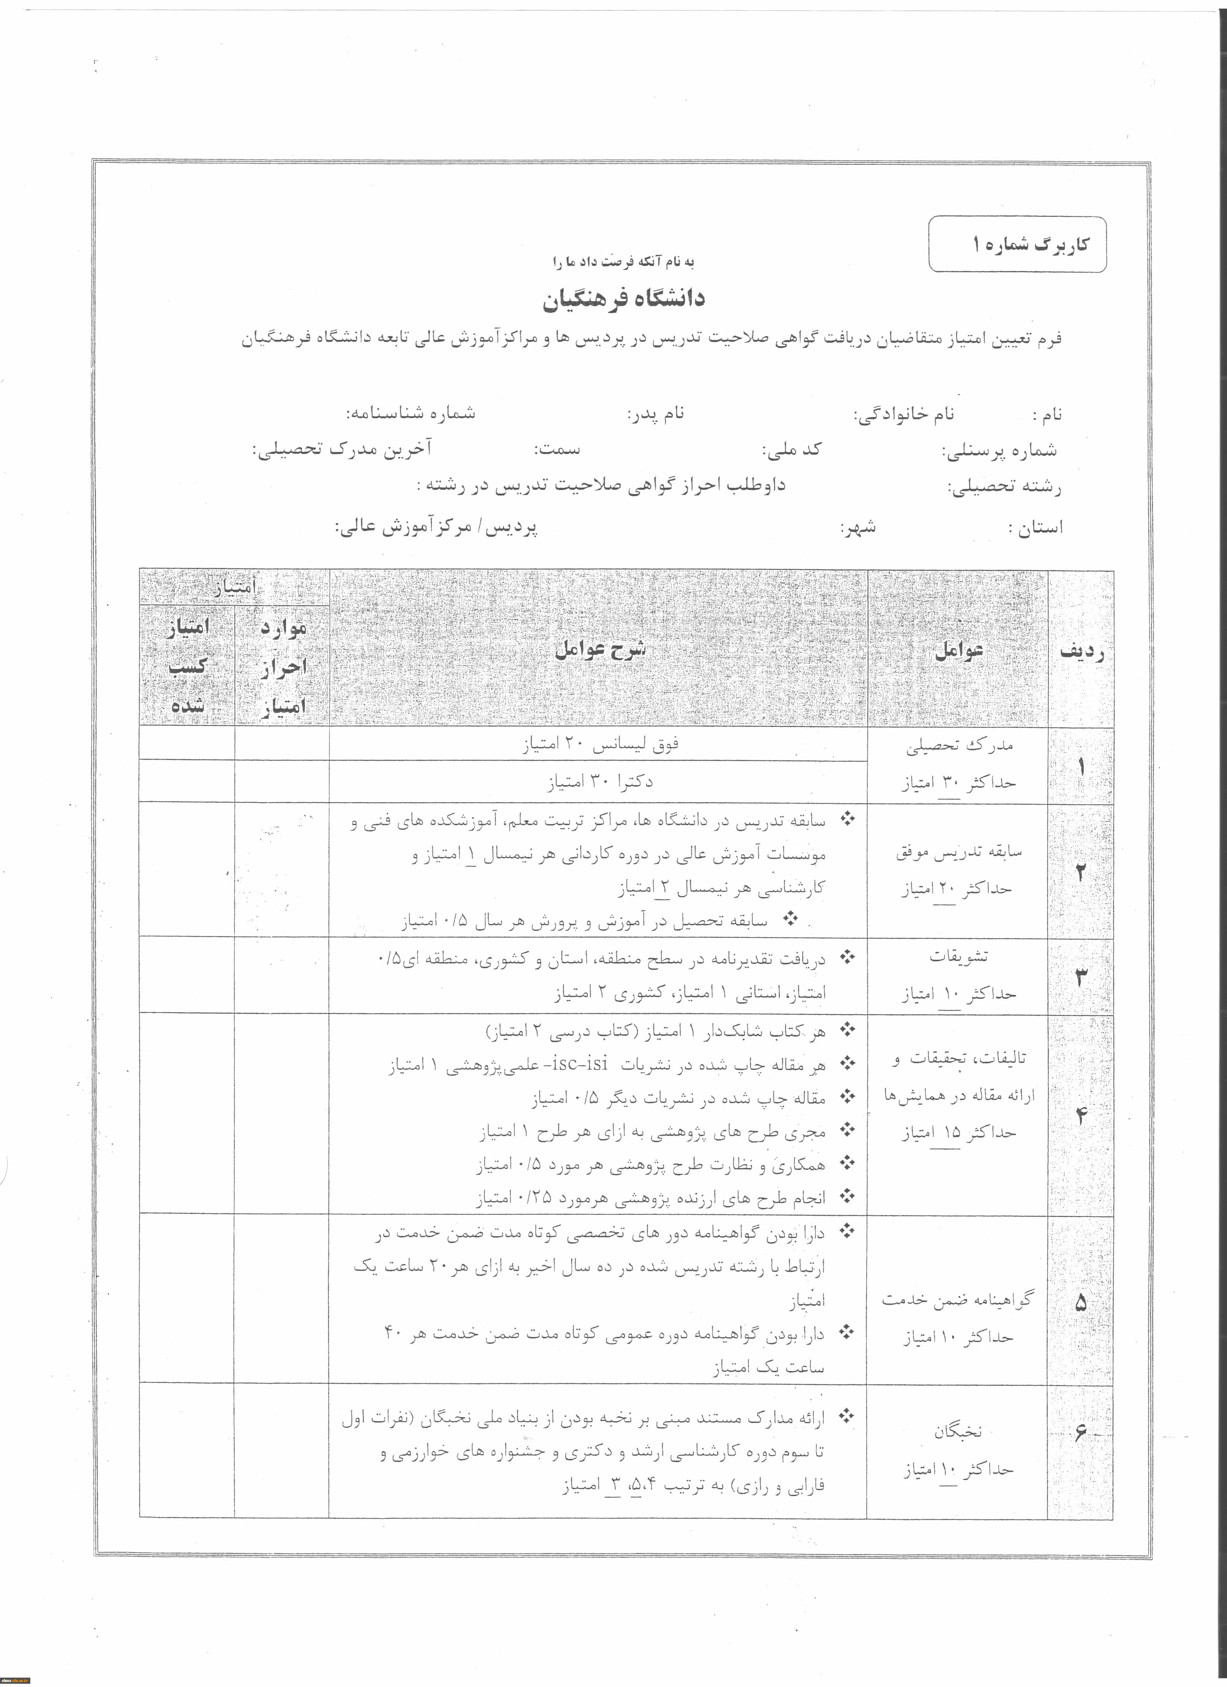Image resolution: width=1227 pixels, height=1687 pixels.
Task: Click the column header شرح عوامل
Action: click(600, 649)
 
